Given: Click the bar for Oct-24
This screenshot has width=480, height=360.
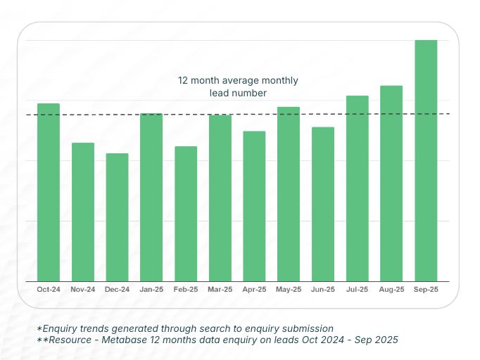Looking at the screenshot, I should (x=49, y=192).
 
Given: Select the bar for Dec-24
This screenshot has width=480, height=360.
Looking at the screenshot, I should (x=117, y=217).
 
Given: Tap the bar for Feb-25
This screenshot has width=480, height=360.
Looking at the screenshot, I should (x=186, y=214).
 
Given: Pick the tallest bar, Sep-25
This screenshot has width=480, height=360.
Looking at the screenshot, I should (x=426, y=160).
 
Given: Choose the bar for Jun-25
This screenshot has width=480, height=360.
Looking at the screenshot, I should (x=323, y=204).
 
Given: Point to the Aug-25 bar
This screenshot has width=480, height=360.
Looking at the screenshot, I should (x=391, y=184).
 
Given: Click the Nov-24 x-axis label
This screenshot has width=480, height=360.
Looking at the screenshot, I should (x=83, y=289).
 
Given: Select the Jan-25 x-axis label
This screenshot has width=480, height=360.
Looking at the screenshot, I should (x=151, y=289).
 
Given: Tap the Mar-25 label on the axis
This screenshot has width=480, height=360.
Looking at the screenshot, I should (x=220, y=289).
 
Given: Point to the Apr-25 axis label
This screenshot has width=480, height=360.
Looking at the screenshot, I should (x=254, y=289).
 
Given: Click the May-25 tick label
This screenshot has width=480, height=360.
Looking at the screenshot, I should (x=289, y=289).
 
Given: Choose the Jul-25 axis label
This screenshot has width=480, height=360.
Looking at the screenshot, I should (x=357, y=289).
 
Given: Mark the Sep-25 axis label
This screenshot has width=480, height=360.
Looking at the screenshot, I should (x=426, y=289).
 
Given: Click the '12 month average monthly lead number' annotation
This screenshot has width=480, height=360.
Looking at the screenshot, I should (x=238, y=86).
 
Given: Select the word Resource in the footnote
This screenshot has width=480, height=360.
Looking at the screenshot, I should (x=71, y=340).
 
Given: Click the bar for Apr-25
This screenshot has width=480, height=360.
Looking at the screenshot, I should (x=254, y=206).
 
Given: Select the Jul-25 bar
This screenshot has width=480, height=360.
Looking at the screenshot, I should (x=357, y=188).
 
